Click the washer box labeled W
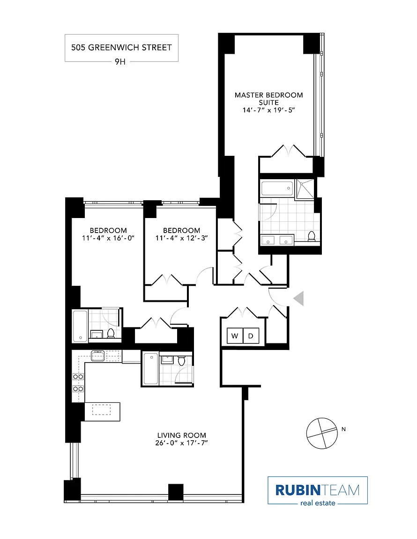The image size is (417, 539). [235, 336]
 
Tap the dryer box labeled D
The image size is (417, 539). [251, 336]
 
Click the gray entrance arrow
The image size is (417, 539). [298, 298]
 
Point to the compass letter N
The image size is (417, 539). [343, 429]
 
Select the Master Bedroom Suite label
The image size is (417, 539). [268, 99]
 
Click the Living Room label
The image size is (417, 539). [181, 435]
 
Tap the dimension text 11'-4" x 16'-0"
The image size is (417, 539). [108, 238]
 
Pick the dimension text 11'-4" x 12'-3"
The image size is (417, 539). [181, 238]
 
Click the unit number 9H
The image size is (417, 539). [120, 62]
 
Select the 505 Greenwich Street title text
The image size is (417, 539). [121, 47]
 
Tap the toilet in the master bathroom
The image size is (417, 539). [311, 236]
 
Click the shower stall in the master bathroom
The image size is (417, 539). [305, 189]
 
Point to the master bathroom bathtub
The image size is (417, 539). [277, 189]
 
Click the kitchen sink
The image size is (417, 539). [97, 356]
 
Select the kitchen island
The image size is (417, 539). [102, 411]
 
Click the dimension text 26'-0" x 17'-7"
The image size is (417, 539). [181, 443]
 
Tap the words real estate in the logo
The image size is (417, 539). [318, 503]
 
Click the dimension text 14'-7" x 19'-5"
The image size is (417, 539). [268, 110]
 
